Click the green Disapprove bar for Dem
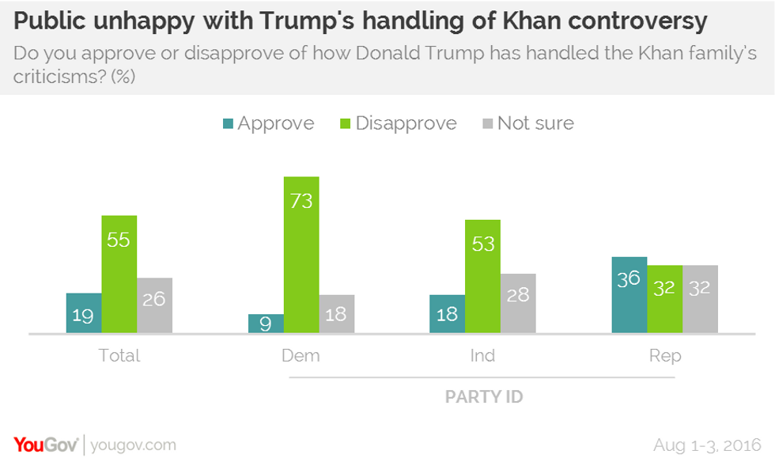[301, 255]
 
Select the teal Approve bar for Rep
[629, 294]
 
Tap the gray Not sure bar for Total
[154, 305]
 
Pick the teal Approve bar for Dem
[266, 324]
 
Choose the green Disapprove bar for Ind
[482, 276]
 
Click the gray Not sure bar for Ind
[518, 303]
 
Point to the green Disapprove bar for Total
[119, 274]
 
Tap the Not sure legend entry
[528, 123]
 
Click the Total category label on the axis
[119, 355]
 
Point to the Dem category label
[301, 355]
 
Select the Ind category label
[482, 355]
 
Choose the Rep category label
[665, 355]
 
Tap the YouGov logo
[44, 444]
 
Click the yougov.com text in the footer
[133, 445]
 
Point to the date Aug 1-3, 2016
[708, 444]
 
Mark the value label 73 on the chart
[301, 201]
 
